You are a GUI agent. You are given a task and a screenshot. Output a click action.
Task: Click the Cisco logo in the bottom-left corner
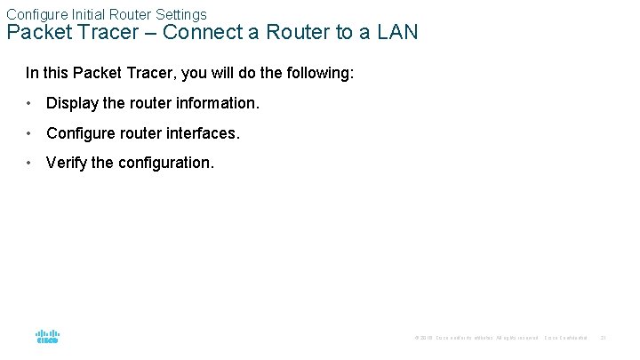[x=47, y=337]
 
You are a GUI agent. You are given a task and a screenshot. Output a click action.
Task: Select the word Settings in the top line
[x=180, y=14]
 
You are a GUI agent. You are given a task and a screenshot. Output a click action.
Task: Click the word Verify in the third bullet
[x=66, y=164]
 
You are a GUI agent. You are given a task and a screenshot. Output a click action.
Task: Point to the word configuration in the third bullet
[x=165, y=164]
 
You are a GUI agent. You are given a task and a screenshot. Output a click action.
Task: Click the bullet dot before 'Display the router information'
[x=30, y=103]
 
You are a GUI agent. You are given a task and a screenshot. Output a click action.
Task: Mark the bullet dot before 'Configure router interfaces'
[x=30, y=133]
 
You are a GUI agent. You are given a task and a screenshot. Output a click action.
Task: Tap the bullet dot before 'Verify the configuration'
[x=30, y=164]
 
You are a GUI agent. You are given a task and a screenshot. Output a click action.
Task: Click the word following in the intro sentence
[x=322, y=72]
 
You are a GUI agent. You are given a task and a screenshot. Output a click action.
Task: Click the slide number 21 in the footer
[x=603, y=338]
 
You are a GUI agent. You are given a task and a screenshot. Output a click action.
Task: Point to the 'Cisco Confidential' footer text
[x=565, y=338]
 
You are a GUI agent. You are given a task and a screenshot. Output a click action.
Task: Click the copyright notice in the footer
[x=476, y=338]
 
